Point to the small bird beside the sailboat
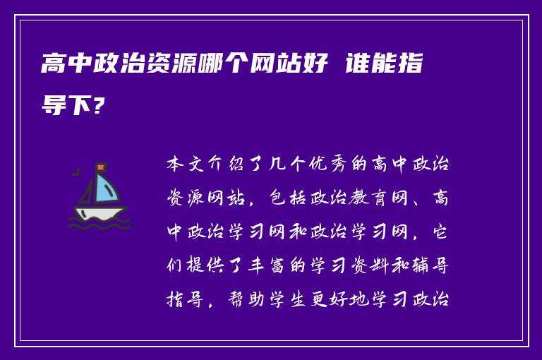pos(77,170)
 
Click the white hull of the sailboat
pos(100,212)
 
